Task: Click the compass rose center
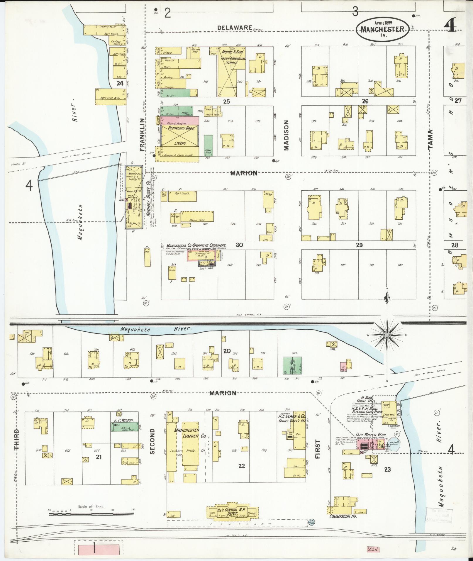pyautogui.click(x=387, y=335)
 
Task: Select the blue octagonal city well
pyautogui.click(x=392, y=444)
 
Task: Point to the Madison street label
pyautogui.click(x=286, y=135)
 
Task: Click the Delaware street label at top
pyautogui.click(x=235, y=28)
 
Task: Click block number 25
pyautogui.click(x=226, y=101)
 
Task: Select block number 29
pyautogui.click(x=359, y=245)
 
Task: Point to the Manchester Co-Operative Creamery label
pyautogui.click(x=196, y=245)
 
